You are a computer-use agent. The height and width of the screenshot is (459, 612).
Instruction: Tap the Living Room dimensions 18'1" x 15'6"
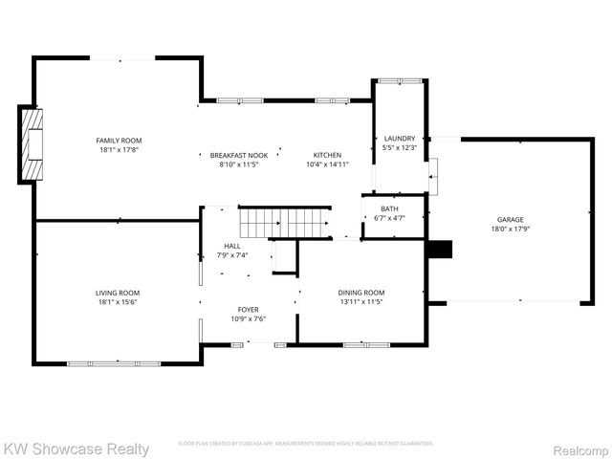(117, 302)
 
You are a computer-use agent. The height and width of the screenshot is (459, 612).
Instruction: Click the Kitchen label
(327, 155)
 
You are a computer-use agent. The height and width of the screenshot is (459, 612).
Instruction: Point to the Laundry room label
(400, 139)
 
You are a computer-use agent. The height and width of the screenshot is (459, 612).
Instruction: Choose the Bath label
(389, 208)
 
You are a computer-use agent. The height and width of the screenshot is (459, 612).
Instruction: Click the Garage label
(510, 219)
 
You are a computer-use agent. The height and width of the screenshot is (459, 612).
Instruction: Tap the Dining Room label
(361, 293)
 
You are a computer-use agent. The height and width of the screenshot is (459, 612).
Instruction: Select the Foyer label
(248, 310)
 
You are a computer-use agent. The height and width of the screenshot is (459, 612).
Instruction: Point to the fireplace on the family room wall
(33, 144)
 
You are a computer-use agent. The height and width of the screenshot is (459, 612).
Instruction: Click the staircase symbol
(284, 223)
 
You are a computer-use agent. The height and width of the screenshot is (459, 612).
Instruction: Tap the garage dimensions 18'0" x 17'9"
(510, 229)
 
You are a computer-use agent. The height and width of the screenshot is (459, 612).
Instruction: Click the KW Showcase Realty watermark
(76, 448)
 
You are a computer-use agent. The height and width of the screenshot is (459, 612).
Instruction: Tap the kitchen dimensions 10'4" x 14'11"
(327, 164)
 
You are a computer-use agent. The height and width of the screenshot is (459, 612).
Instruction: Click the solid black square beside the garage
(439, 249)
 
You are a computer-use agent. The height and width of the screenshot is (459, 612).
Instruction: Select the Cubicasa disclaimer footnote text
(305, 444)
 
